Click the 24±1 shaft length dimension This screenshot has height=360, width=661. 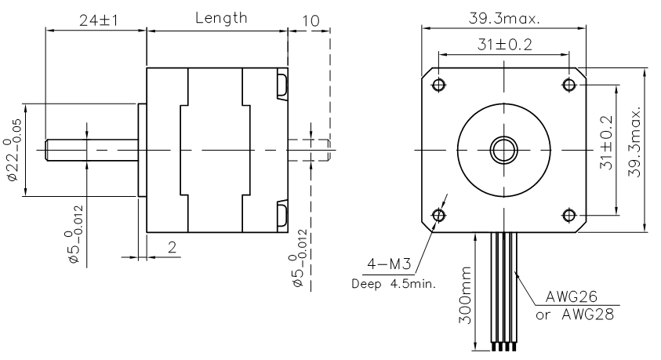(99, 20)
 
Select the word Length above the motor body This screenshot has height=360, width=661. (221, 18)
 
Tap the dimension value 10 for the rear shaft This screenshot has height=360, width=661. (311, 20)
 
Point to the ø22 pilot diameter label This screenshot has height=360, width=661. (14, 151)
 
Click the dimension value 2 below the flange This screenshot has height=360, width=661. (172, 247)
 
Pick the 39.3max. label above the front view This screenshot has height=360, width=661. (504, 19)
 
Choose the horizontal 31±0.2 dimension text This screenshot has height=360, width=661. (505, 44)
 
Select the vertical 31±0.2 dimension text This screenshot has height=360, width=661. (606, 143)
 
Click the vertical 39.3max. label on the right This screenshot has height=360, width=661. (634, 142)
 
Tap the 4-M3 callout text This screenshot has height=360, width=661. (389, 264)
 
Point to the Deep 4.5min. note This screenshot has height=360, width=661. (394, 284)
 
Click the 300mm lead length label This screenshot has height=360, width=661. (464, 295)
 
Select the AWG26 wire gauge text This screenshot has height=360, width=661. (571, 296)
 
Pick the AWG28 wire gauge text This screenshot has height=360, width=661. (587, 314)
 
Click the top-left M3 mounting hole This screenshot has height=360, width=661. (439, 85)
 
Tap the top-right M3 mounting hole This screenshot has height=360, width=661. (569, 85)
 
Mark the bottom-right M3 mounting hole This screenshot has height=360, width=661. (569, 216)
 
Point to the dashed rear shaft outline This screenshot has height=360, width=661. (328, 150)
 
